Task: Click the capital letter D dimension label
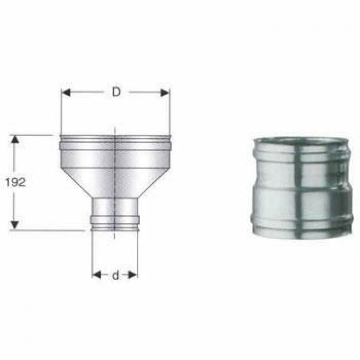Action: tap(116, 92)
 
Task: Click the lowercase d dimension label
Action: tap(115, 276)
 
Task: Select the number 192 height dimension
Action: tap(15, 183)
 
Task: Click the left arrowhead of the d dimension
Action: tap(96, 275)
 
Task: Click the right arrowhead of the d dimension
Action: tap(133, 275)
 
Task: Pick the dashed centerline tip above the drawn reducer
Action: tap(114, 129)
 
